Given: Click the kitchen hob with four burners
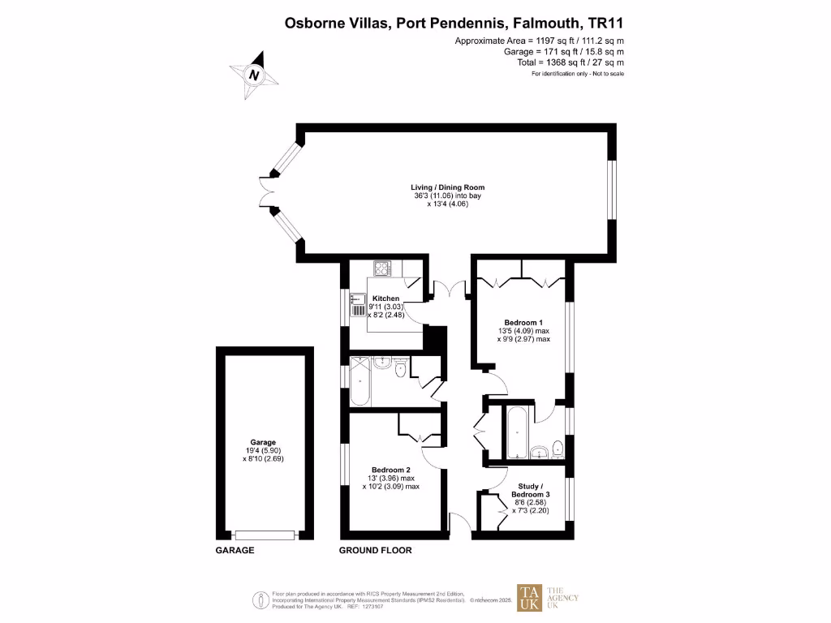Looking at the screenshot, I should (382, 268).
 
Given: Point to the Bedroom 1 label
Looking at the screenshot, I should (523, 322).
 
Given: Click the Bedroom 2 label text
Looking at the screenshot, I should (390, 470).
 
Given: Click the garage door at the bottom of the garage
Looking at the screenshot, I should (265, 535).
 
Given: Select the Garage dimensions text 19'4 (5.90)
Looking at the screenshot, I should (264, 451).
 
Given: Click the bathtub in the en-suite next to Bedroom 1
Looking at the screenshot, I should (515, 434).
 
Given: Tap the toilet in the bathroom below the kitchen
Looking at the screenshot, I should (400, 370).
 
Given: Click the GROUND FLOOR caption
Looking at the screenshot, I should (375, 550).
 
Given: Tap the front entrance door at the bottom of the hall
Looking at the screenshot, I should (459, 526).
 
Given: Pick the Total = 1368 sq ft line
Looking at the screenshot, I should (571, 62).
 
